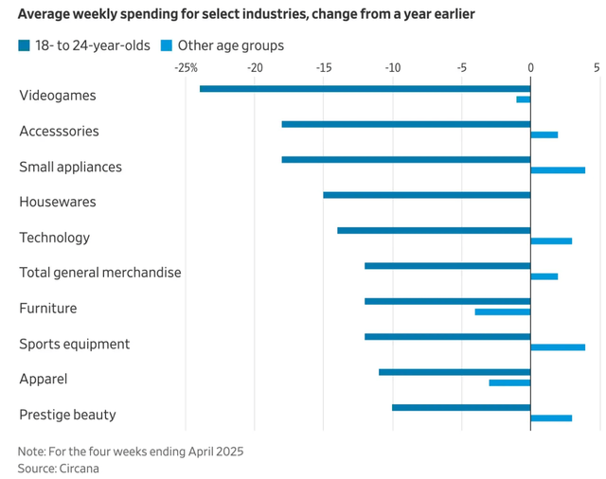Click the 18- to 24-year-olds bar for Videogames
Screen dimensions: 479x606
click(365, 88)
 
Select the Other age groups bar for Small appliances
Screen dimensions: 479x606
click(558, 170)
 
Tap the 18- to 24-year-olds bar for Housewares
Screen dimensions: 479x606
click(426, 195)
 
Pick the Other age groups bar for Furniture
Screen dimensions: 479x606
click(502, 311)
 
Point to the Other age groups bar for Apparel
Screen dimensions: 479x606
click(509, 382)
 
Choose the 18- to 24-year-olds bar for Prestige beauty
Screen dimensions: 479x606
click(461, 407)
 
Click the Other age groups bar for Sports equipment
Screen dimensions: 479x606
click(558, 347)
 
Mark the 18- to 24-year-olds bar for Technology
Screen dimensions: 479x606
click(434, 230)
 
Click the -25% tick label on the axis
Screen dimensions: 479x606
click(187, 68)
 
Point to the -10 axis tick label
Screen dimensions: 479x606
click(392, 68)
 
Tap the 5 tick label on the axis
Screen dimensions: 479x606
click(597, 68)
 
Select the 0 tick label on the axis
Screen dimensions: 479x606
click(530, 68)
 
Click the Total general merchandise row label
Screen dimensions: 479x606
click(99, 273)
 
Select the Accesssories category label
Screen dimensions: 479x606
click(59, 132)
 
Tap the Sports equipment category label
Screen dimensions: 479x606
click(75, 344)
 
